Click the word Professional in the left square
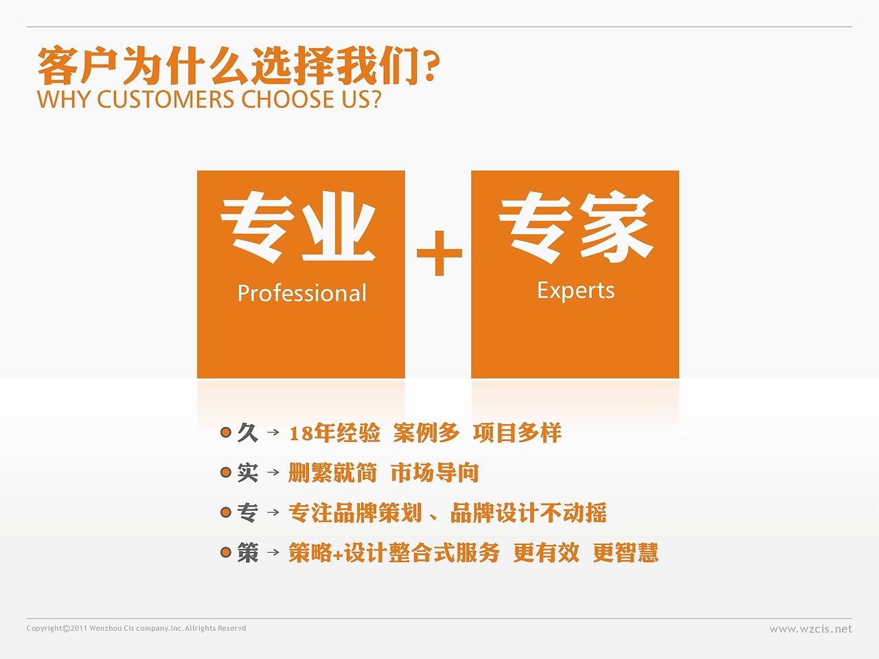(301, 293)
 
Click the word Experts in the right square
(575, 290)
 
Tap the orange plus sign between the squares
(439, 253)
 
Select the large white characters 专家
(575, 226)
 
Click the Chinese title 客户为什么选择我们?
(238, 66)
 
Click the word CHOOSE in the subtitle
(288, 100)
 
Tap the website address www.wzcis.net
(810, 628)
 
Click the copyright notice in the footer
(136, 628)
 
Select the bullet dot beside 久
(226, 432)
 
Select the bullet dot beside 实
(226, 472)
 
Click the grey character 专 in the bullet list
(247, 512)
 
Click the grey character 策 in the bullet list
(247, 552)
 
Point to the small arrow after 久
(273, 432)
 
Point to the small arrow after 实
(273, 472)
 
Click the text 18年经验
(334, 432)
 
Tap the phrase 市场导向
(434, 472)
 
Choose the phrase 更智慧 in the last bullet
(625, 552)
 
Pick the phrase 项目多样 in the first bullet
(517, 432)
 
